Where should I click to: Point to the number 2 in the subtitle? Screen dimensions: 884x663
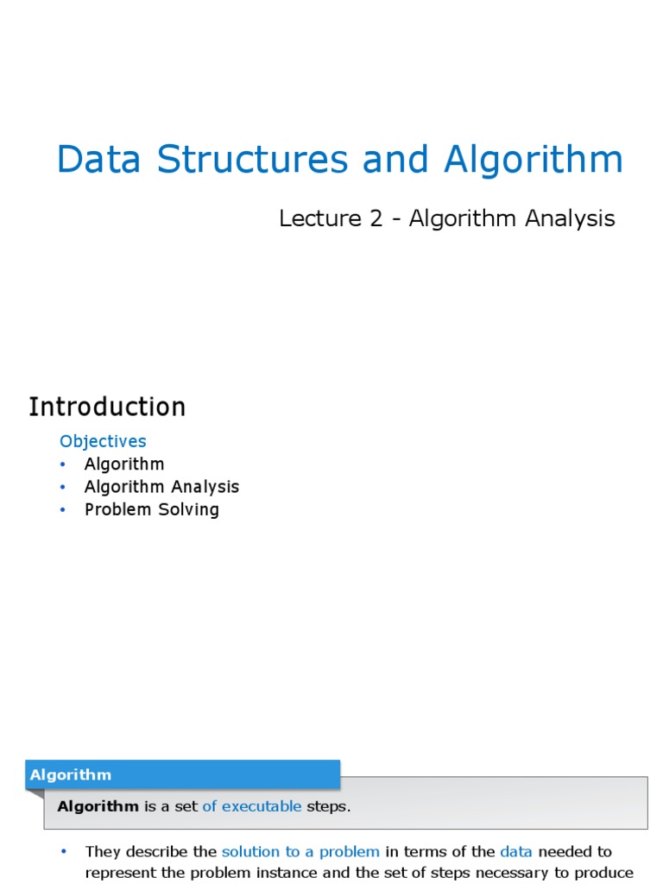pos(376,219)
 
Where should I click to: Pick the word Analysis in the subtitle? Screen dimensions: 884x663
pos(570,219)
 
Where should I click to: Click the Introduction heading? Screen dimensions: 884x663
pos(107,407)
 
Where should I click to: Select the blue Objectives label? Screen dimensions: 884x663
pos(103,441)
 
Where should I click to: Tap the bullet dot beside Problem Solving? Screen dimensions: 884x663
pos(63,510)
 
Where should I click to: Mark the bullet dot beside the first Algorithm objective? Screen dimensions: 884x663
pos(63,464)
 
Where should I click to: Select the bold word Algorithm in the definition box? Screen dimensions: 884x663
pos(98,806)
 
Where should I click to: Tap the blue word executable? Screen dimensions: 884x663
pos(261,806)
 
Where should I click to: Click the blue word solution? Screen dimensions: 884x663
pos(250,851)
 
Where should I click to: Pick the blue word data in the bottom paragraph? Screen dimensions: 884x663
pos(516,851)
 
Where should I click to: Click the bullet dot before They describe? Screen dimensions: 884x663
pos(63,852)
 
